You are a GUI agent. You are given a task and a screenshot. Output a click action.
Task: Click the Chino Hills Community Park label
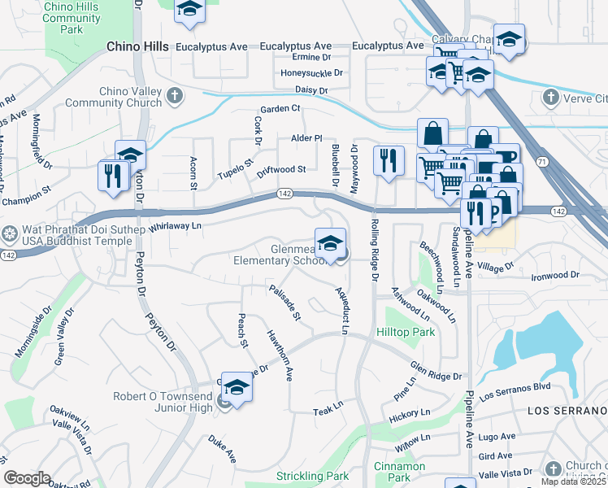click(72, 18)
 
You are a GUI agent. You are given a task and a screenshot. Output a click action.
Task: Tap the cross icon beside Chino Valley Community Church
click(173, 98)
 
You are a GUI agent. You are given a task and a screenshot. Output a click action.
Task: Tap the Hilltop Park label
click(405, 332)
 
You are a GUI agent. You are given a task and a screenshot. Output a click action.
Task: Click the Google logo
click(28, 478)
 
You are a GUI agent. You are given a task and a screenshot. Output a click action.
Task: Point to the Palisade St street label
click(285, 302)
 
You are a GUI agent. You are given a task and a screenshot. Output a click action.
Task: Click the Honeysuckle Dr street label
click(311, 72)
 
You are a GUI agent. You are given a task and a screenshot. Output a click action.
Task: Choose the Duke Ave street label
click(221, 446)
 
